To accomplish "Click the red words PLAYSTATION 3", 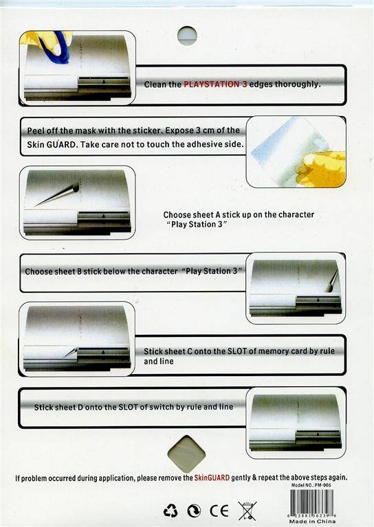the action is [215, 84].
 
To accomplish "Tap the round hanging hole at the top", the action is [187, 36].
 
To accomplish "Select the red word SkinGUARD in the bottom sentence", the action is [212, 478].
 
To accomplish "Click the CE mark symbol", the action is [219, 511].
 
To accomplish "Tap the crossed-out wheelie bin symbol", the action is [247, 511].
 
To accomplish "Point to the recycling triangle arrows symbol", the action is [170, 511].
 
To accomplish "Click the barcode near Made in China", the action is [312, 502].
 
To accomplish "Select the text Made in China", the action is [312, 522].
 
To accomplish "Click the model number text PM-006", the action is [323, 485].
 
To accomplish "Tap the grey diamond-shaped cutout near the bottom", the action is [186, 454].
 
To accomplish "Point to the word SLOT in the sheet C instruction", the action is [237, 351].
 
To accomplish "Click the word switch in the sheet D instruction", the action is [162, 407].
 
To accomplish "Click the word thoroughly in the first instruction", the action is [297, 84].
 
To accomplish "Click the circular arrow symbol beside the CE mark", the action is [195, 511].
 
